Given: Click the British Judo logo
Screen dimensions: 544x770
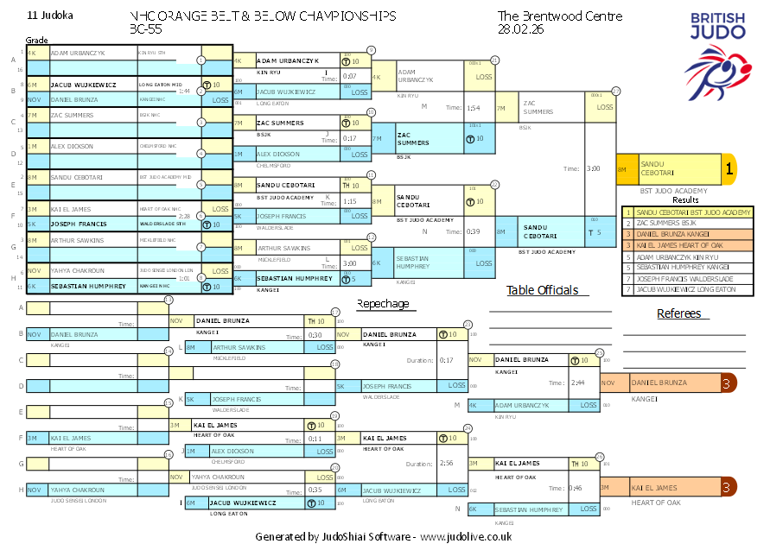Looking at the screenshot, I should point(715,51).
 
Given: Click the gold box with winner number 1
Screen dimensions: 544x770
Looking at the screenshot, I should point(729,170).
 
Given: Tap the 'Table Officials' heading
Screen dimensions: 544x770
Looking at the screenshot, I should point(542,290).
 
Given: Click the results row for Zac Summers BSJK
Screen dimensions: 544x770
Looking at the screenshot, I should point(683,223).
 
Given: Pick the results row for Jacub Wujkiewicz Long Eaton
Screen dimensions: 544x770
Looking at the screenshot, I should point(683,289).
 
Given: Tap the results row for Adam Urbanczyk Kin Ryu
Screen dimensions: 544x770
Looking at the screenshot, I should point(683,256).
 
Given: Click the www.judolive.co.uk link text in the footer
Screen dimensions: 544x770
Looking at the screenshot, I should point(466,536).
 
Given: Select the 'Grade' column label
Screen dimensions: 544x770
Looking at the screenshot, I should point(36,40).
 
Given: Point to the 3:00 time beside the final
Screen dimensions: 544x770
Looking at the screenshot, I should point(594,169).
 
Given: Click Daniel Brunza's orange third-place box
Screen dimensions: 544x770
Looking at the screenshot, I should point(674,383).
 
